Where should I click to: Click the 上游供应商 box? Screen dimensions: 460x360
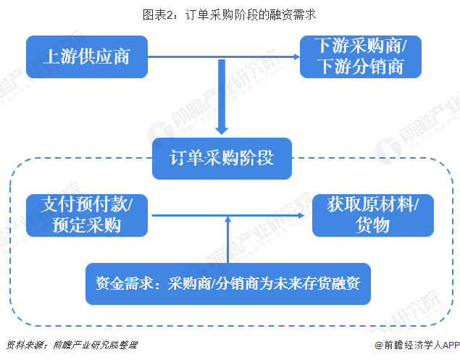[87, 57]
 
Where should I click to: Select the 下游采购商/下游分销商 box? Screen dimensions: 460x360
[361, 57]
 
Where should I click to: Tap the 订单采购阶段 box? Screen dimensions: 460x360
[222, 159]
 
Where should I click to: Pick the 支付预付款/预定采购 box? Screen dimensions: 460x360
[87, 215]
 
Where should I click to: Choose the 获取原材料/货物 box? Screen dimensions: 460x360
[373, 215]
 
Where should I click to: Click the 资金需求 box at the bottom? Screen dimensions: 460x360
[228, 284]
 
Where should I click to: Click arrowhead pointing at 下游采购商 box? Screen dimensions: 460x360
[296, 56]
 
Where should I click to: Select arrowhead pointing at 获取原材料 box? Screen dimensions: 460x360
[301, 216]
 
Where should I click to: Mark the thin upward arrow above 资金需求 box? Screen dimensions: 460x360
[228, 240]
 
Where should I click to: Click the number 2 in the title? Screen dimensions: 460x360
[170, 15]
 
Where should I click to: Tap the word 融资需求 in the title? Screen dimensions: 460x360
[293, 15]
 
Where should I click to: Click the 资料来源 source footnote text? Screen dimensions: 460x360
[72, 345]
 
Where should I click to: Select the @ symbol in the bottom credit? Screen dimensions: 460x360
[379, 346]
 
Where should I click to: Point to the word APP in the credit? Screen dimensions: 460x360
[451, 346]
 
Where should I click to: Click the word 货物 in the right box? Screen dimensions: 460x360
[372, 225]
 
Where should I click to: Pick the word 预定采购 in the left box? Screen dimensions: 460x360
[86, 225]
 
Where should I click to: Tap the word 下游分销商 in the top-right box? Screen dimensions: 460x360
[361, 67]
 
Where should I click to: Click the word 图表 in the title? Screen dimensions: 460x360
[154, 15]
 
